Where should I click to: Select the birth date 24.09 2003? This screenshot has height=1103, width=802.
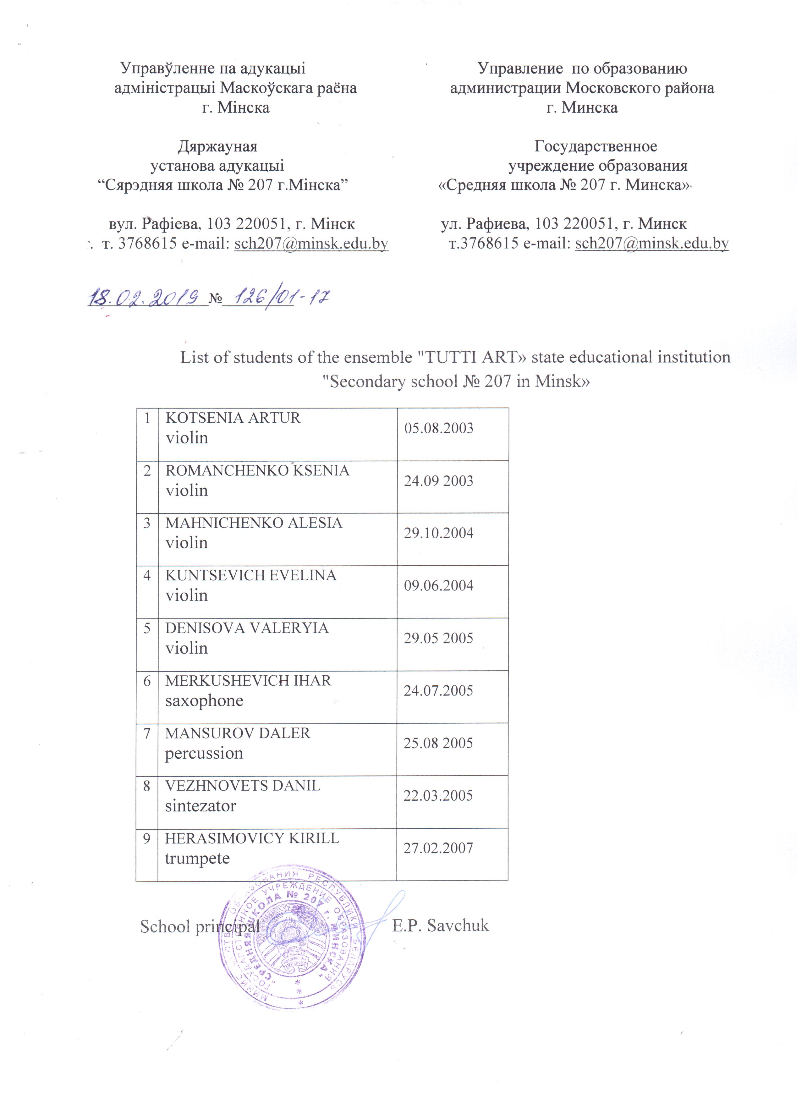(438, 481)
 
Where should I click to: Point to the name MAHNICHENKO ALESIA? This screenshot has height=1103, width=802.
(253, 523)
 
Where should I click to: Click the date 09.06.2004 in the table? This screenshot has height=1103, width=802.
(438, 585)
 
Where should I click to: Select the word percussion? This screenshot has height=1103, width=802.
(204, 753)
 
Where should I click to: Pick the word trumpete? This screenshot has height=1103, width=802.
(197, 859)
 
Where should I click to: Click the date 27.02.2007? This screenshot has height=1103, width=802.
(438, 848)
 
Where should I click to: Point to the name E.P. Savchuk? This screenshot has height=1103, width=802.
(441, 925)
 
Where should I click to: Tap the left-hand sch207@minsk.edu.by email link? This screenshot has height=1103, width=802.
(311, 243)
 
